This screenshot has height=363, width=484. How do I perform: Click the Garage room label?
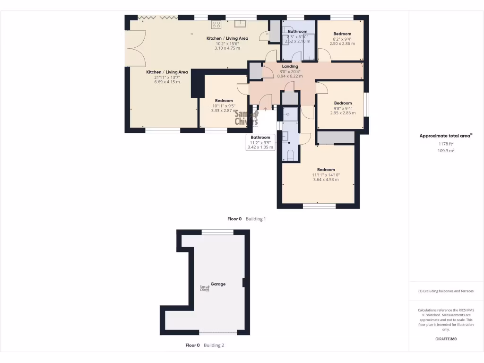218,284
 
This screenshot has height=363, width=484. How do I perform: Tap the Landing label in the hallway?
290,67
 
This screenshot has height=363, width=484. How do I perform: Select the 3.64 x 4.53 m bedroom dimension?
326,180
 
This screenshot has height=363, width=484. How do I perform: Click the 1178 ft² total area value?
446,144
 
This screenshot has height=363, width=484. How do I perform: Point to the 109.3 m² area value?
446,151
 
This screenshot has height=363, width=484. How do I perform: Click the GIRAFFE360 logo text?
446,339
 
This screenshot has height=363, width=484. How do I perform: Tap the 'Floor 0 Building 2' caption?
205,346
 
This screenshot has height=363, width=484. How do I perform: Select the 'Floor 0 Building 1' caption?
247,219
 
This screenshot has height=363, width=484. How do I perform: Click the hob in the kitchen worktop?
216,24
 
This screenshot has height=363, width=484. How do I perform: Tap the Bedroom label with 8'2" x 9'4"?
342,34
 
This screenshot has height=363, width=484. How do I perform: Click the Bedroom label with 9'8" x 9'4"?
343,103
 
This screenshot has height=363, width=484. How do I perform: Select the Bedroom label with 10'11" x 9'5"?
224,101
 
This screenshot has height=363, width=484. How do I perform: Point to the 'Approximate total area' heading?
446,136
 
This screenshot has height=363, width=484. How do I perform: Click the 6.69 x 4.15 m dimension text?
167,82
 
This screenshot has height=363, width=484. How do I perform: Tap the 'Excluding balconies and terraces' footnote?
446,291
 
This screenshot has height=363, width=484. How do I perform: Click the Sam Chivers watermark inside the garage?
205,289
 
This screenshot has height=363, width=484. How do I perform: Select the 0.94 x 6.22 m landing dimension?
290,76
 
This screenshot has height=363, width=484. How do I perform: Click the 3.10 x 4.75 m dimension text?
227,48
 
